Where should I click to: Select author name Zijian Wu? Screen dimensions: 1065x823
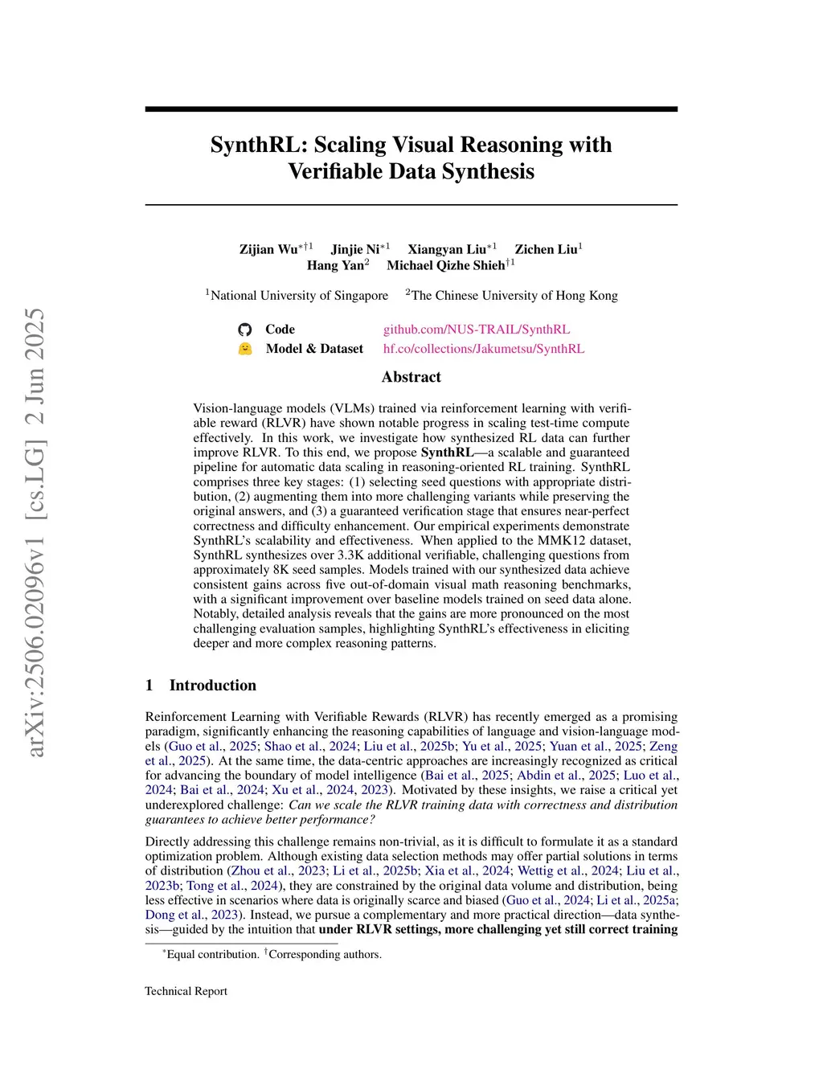click(268, 249)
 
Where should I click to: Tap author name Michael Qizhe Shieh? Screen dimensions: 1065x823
click(445, 265)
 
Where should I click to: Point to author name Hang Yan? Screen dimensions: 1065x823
click(335, 265)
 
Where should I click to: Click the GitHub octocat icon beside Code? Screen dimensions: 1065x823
click(245, 330)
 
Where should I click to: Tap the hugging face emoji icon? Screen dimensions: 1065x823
click(245, 349)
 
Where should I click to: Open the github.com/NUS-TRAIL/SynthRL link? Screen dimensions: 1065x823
click(477, 330)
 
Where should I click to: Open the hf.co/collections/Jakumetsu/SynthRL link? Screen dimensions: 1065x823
click(484, 349)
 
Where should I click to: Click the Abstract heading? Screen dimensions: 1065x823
click(411, 377)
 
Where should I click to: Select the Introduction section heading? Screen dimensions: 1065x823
click(212, 686)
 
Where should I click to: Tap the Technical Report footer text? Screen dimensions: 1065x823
click(186, 991)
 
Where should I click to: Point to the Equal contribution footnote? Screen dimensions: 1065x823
click(212, 954)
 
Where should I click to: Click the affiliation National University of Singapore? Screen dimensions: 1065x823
click(299, 296)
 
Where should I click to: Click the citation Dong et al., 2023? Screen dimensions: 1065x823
click(192, 915)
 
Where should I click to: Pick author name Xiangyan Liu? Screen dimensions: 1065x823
click(447, 249)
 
